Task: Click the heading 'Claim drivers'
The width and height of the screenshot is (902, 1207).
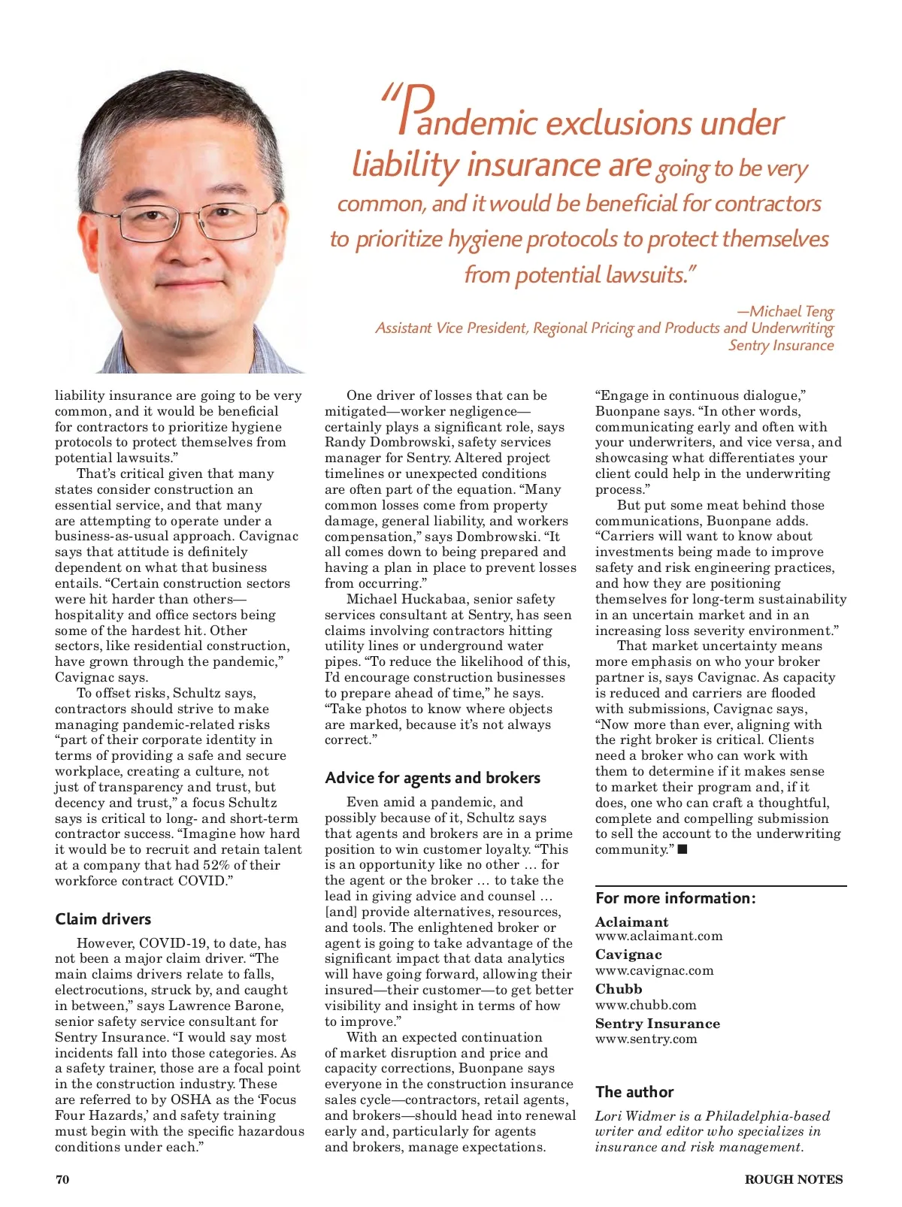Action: (103, 918)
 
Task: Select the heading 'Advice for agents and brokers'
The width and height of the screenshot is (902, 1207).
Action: (432, 778)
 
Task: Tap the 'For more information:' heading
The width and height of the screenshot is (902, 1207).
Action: (675, 898)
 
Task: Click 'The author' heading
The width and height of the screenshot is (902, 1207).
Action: (634, 1092)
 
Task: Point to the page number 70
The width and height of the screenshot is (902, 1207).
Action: (62, 1179)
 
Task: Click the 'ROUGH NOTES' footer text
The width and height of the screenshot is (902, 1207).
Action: (793, 1179)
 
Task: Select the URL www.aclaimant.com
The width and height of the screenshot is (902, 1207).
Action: (658, 936)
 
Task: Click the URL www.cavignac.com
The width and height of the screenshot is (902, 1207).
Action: (654, 970)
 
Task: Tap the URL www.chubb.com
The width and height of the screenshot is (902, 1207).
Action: (646, 1005)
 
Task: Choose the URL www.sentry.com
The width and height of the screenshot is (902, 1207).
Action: (646, 1039)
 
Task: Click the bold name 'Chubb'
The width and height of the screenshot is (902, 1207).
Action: (619, 989)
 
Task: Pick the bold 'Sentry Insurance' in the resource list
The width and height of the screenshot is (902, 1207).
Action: (657, 1024)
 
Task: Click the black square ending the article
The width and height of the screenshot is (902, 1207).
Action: (683, 849)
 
